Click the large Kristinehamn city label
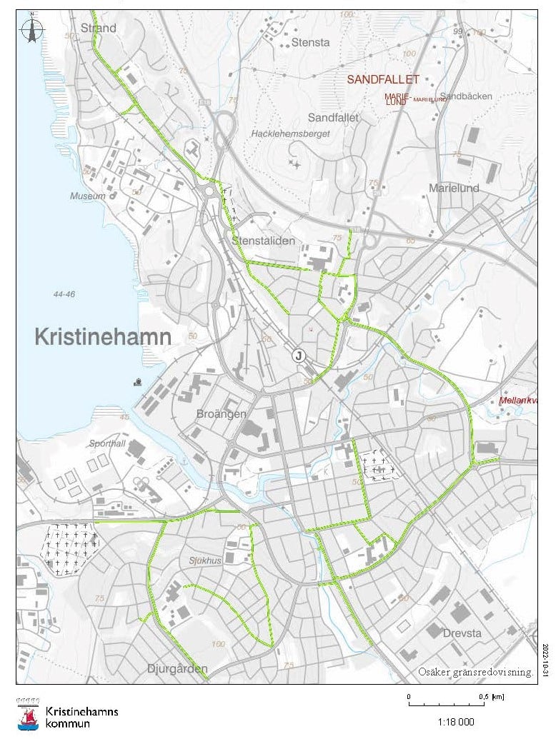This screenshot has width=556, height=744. (103, 337)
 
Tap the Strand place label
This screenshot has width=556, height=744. (99, 28)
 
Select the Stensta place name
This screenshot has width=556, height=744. (310, 42)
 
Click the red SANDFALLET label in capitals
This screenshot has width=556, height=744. (383, 80)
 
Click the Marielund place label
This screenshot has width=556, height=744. (453, 188)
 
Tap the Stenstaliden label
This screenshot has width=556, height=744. (263, 241)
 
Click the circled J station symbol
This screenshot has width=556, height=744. (298, 355)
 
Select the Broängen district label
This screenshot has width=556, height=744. (222, 414)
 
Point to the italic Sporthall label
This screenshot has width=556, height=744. (107, 443)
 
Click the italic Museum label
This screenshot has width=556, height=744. (87, 196)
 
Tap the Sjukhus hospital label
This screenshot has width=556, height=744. (203, 560)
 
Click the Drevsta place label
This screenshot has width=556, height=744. (461, 633)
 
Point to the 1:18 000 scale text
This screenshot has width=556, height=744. (455, 722)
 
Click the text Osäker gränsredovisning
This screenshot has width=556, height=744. (475, 672)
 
